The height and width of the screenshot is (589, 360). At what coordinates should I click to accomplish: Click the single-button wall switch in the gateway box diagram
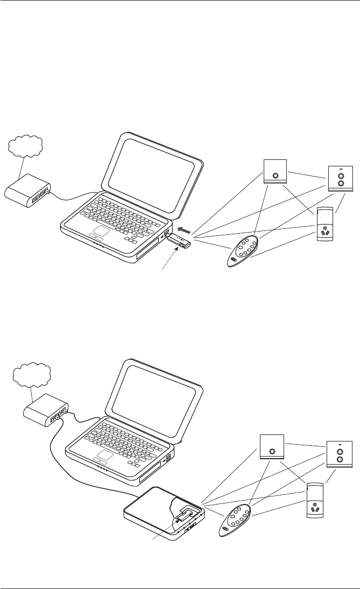click(272, 447)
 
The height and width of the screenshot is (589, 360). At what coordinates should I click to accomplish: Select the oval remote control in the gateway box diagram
click(235, 518)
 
